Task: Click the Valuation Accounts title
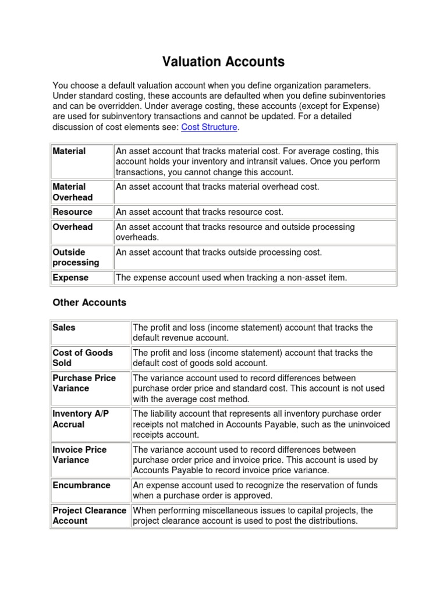pos(223,62)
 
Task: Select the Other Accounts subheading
pos(89,303)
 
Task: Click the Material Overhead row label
pos(72,192)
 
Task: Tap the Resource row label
pos(72,212)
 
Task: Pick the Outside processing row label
pos(76,257)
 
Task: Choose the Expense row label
pos(70,278)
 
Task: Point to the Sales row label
pos(64,328)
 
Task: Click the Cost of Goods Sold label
pos(83,358)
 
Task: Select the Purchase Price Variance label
pos(84,383)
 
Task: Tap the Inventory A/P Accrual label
pos(80,419)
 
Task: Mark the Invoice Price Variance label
pos(79,455)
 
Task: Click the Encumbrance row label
pos(81,485)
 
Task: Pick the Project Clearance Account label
pos(89,516)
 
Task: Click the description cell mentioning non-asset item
pos(231,278)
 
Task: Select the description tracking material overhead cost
pos(217,187)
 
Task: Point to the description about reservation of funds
pos(255,491)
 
